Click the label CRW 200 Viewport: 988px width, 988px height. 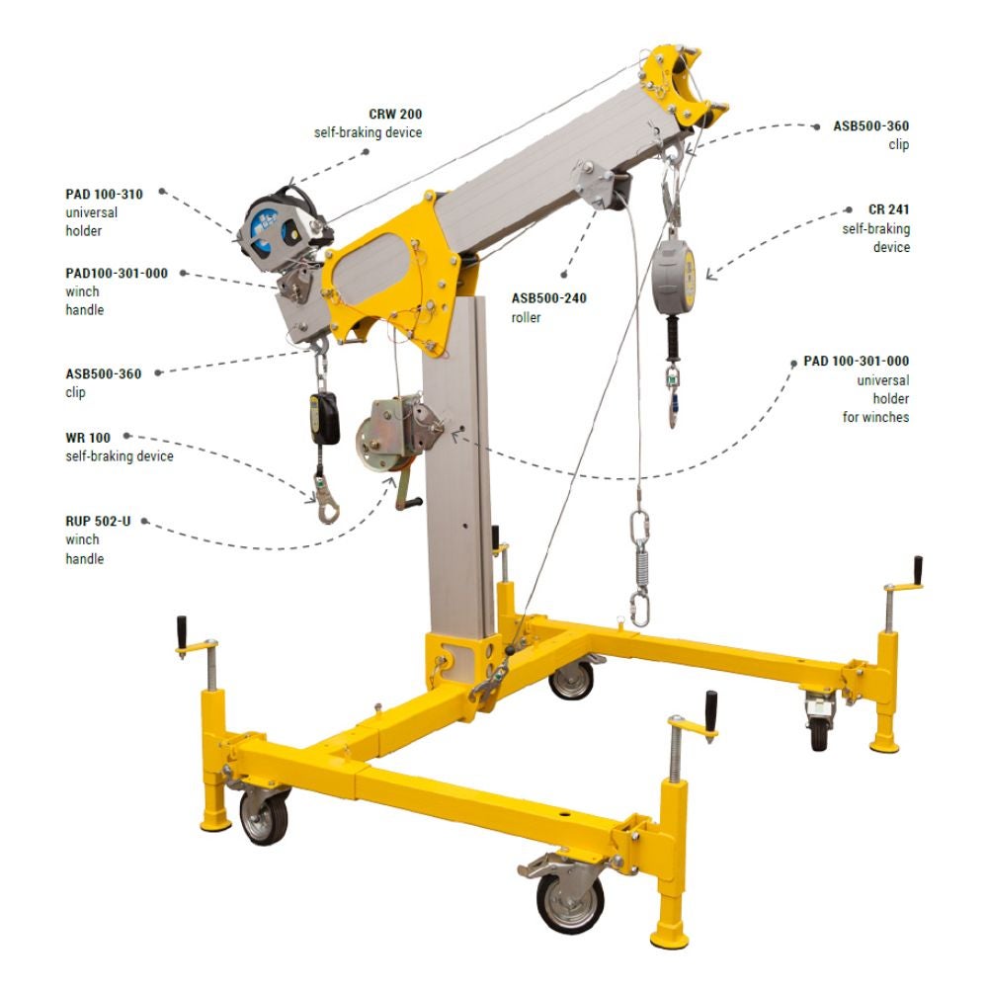(x=395, y=114)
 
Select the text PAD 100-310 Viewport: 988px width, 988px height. (x=104, y=194)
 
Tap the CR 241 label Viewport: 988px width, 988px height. (x=888, y=209)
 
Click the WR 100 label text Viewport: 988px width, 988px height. (x=88, y=438)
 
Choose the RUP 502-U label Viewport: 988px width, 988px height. (x=98, y=521)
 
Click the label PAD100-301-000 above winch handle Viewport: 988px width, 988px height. (x=117, y=273)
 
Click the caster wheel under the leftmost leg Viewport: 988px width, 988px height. (x=264, y=816)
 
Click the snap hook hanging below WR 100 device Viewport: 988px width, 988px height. (x=327, y=502)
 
